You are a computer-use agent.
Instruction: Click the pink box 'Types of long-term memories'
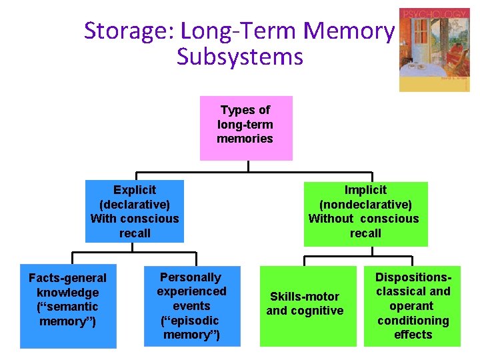click(x=246, y=128)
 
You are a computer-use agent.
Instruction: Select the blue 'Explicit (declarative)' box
click(x=135, y=211)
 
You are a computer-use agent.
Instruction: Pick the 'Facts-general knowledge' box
click(x=68, y=307)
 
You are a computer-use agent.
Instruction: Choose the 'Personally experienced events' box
click(x=191, y=306)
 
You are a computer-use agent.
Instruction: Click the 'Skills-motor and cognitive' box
click(x=305, y=307)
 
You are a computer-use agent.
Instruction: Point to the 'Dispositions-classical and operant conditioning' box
click(x=413, y=306)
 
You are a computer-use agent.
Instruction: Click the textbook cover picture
click(x=433, y=50)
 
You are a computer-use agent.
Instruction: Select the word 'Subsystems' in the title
click(x=240, y=57)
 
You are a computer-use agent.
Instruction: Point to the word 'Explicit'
click(x=135, y=190)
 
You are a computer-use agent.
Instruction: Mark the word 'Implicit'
click(x=365, y=190)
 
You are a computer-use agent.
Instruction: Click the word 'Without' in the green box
click(x=331, y=219)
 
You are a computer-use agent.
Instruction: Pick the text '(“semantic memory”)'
click(x=68, y=314)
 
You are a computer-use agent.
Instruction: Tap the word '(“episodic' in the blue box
click(x=192, y=321)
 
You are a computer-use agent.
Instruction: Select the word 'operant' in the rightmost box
click(x=413, y=306)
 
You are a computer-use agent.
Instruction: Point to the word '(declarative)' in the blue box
click(x=135, y=204)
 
